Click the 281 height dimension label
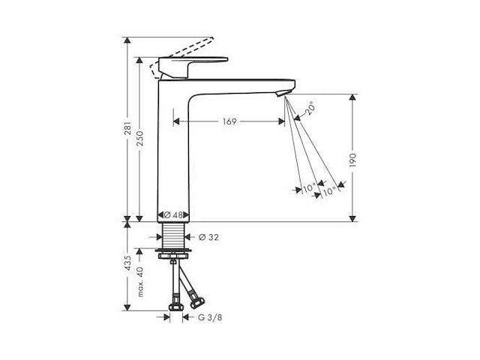tap(128, 128)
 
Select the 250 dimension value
tap(139, 138)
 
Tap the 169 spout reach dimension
tap(229, 121)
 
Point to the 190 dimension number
tap(353, 160)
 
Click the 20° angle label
tap(309, 108)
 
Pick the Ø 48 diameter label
tap(173, 215)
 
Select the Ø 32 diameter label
tap(208, 237)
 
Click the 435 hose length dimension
tap(128, 263)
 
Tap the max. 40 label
tap(140, 282)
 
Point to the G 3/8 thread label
tap(210, 318)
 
